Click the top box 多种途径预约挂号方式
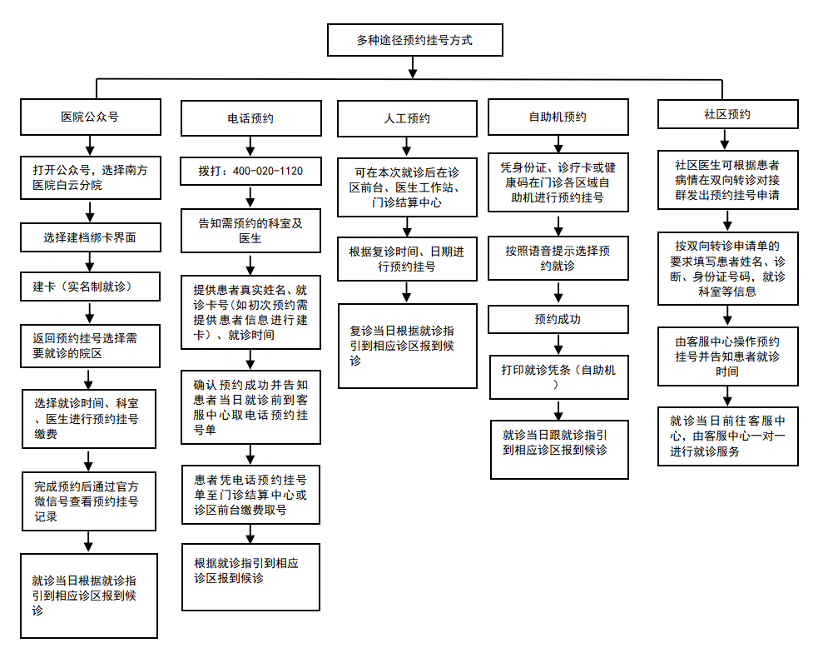click(414, 40)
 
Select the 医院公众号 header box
click(90, 117)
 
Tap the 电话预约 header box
click(250, 118)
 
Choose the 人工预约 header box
click(407, 118)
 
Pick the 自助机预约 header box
click(558, 117)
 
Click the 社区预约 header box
click(727, 114)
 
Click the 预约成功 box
click(558, 319)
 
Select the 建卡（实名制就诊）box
click(90, 287)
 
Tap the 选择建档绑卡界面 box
click(90, 237)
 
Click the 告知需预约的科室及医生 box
click(250, 231)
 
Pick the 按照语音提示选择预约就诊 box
click(558, 258)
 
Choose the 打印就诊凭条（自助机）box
click(558, 377)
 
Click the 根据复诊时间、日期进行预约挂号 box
click(407, 259)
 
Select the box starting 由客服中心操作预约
click(727, 356)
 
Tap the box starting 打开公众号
click(90, 177)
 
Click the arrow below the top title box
click(413, 67)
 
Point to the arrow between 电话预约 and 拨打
click(250, 147)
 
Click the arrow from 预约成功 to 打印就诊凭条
click(558, 344)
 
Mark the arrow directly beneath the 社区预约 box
click(725, 139)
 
